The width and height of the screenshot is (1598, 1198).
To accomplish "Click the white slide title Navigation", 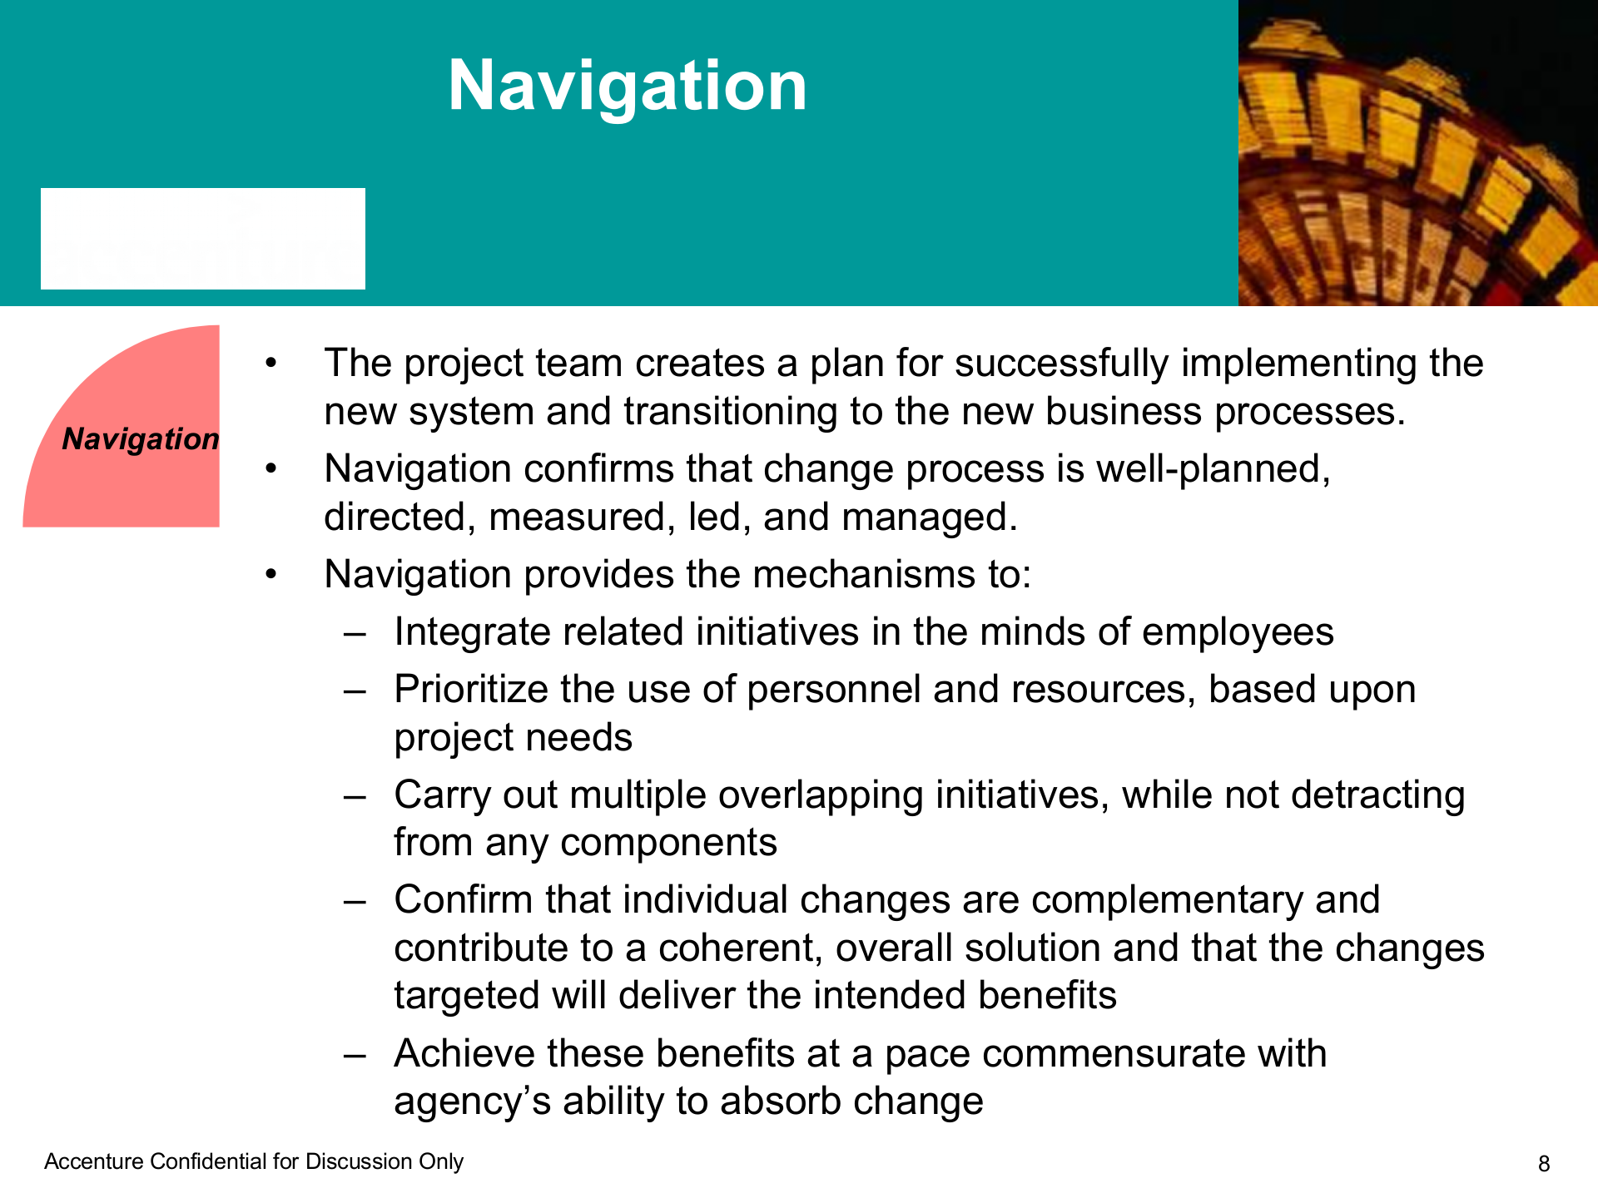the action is [628, 87].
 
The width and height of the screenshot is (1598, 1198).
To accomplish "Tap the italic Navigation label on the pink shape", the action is [141, 438].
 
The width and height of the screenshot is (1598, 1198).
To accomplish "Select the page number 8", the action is [1544, 1164].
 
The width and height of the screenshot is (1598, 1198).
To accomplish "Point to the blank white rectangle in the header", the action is [203, 239].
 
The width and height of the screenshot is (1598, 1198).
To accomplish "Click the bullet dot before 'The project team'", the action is [270, 364].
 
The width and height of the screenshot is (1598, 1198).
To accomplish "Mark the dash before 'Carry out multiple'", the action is [355, 797].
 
